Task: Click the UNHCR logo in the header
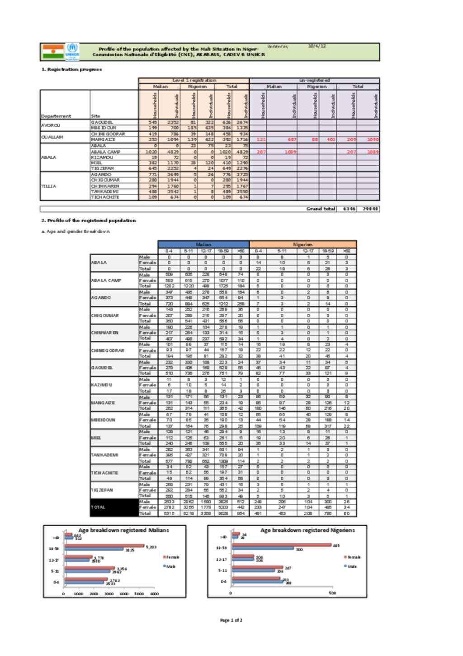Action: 72,51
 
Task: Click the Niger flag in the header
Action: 53,52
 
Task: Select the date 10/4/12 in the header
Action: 317,46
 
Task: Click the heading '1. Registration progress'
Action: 72,69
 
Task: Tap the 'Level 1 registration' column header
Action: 194,80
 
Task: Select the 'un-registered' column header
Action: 314,80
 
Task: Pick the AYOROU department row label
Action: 51,125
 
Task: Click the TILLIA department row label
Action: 49,186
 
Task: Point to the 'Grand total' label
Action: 321,209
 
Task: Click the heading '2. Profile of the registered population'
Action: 89,220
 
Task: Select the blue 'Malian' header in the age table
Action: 203,244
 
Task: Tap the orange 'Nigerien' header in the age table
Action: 302,244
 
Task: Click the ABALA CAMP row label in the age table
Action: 106,280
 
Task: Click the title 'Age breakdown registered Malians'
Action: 123,530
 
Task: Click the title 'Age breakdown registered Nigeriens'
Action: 307,530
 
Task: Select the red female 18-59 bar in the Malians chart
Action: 104,546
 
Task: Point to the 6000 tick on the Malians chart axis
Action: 155,594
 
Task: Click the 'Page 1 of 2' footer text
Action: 231,620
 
